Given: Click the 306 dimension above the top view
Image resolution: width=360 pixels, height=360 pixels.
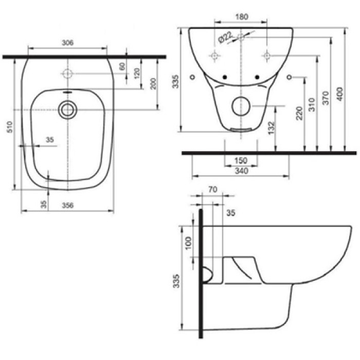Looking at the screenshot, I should click(67, 43).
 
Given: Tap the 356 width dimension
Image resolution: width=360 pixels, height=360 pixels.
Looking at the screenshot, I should click(67, 205).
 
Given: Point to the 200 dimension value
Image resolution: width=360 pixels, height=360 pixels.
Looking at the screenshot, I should click(153, 84).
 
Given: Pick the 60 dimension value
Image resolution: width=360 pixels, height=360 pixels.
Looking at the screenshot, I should click(122, 66).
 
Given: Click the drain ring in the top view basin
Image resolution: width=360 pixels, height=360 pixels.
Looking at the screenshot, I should click(67, 109).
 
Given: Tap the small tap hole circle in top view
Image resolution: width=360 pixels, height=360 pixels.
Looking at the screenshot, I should click(67, 73).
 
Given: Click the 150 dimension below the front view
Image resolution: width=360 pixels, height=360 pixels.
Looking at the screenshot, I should click(240, 161).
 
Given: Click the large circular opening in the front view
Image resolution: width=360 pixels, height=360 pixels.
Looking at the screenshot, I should click(240, 106).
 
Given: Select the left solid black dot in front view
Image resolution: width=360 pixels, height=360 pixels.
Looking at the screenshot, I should click(224, 77).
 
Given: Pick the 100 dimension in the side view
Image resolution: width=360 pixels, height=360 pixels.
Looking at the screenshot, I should click(188, 241).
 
